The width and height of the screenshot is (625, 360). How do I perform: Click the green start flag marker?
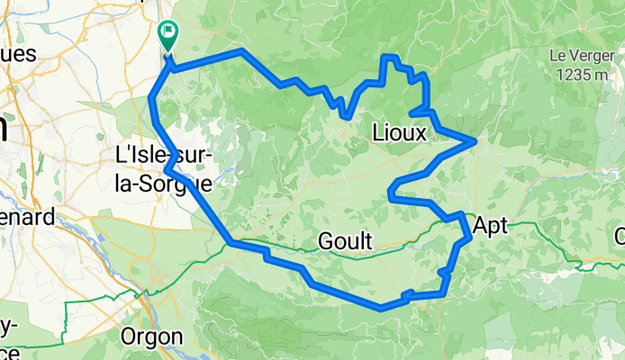(x=168, y=35)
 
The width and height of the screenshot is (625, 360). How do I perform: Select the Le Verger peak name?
(x=581, y=55)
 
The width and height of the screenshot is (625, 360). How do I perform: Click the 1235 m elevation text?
(x=581, y=75)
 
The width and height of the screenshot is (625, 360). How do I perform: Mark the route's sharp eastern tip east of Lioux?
(x=475, y=140)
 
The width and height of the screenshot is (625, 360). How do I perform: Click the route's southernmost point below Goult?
(x=382, y=308)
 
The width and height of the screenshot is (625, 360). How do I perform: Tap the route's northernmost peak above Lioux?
(x=390, y=57)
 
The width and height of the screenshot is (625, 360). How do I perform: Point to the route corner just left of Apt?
(x=462, y=214)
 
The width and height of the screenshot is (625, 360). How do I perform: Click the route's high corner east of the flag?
(x=241, y=51)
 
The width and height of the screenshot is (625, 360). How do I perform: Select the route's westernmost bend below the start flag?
(x=150, y=99)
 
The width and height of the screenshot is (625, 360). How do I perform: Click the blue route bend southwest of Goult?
(x=233, y=243)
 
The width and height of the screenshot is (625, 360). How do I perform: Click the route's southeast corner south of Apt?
(x=445, y=292)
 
